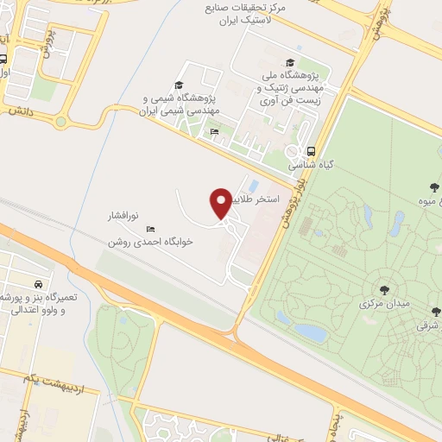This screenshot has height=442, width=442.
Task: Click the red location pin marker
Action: pyautogui.click(x=222, y=203)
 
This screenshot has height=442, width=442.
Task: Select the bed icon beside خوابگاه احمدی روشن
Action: pyautogui.click(x=151, y=230)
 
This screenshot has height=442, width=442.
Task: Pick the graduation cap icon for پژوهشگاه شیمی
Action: pyautogui.click(x=179, y=85)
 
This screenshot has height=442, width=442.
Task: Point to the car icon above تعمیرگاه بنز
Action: pyautogui.click(x=38, y=283)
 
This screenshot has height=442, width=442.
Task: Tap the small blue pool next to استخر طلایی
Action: pyautogui.click(x=252, y=185)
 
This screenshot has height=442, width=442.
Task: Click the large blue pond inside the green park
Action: pyautogui.click(x=308, y=331)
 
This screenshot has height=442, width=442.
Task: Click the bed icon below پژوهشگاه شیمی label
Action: pyautogui.click(x=213, y=131)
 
